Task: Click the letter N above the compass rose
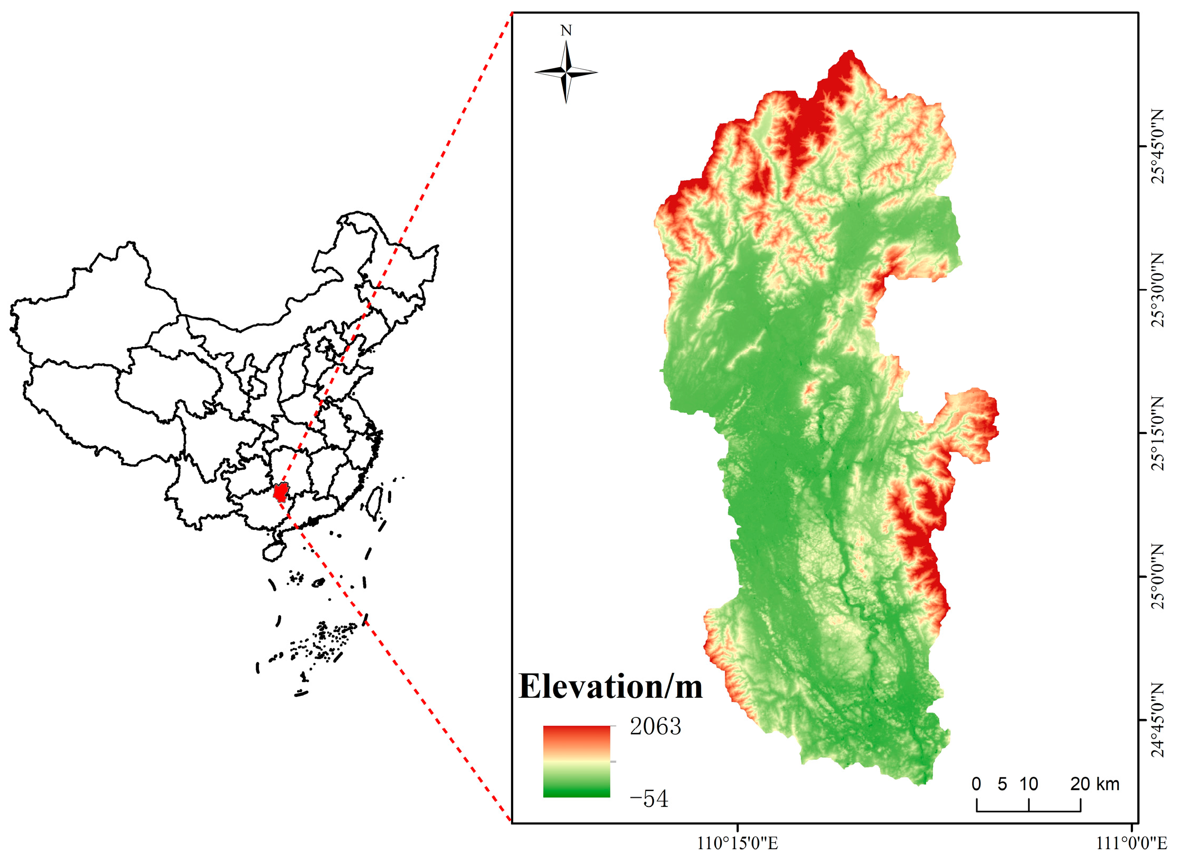pos(565,31)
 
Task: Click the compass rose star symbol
pos(566,71)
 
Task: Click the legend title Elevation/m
pos(610,687)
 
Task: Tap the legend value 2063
pos(655,726)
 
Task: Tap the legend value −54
pos(649,798)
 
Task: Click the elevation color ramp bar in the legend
pos(576,761)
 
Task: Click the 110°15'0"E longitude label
pos(738,843)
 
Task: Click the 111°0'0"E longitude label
pos(1131,843)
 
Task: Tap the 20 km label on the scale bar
pos(1094,784)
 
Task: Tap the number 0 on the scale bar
pos(976,784)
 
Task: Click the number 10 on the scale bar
pos(1028,784)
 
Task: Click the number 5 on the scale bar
pos(1002,784)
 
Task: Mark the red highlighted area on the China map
pos(280,493)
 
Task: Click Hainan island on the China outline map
pos(273,551)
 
